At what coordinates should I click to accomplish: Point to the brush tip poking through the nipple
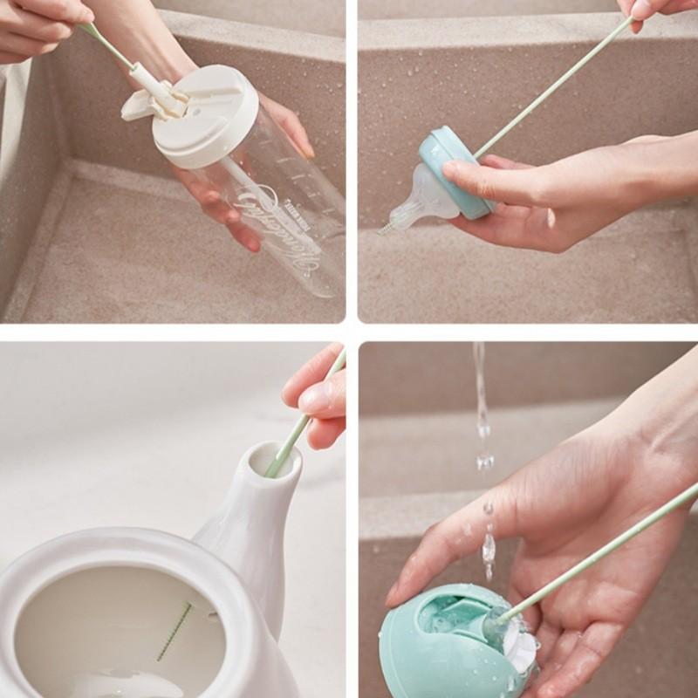click(x=384, y=229)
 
